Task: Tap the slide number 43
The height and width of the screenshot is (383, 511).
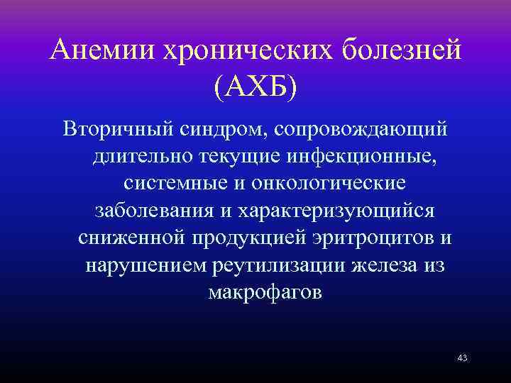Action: coord(462,358)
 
